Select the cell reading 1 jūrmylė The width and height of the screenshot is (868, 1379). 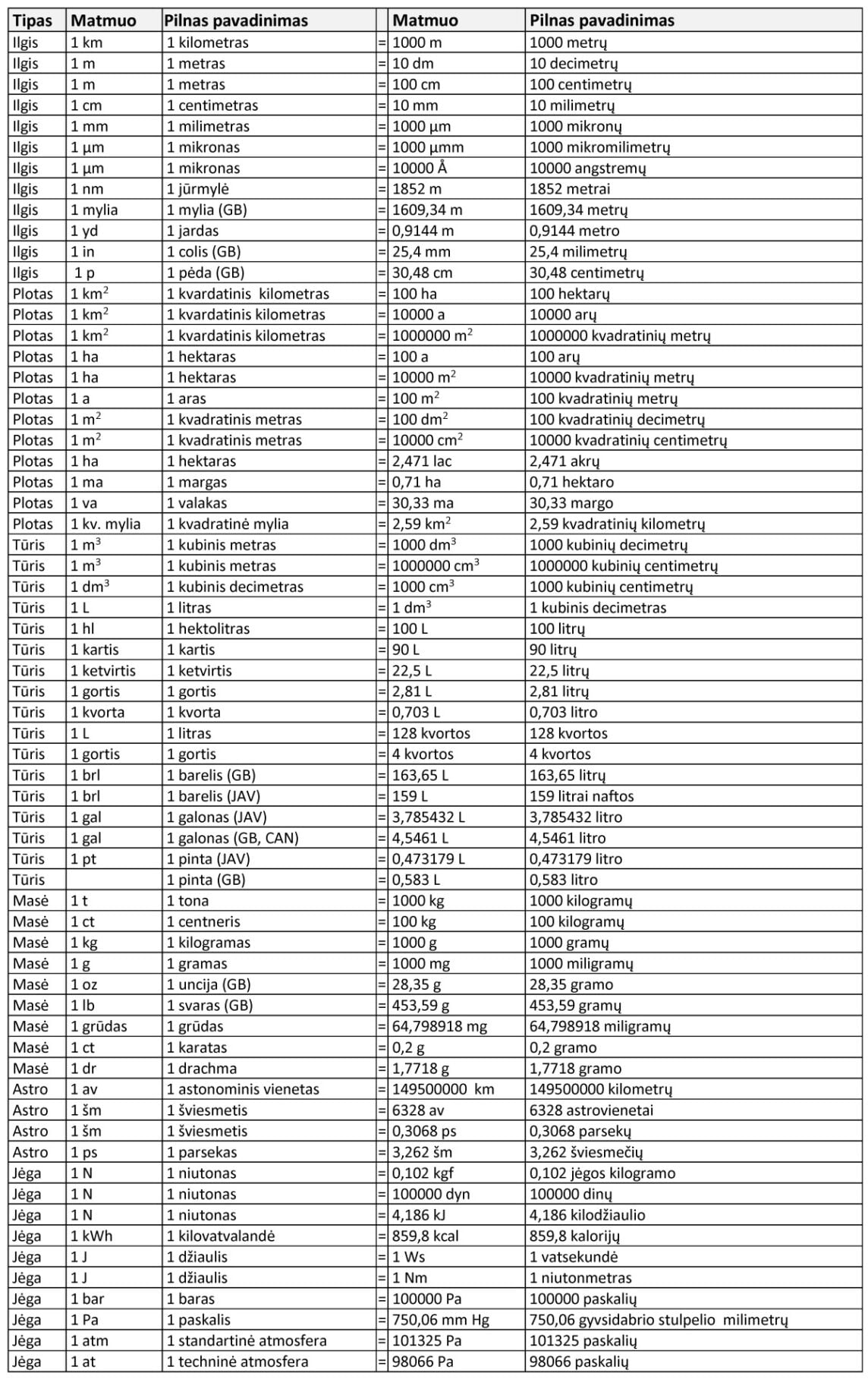click(198, 189)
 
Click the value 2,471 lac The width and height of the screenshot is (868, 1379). click(421, 461)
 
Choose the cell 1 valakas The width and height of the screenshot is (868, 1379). click(197, 502)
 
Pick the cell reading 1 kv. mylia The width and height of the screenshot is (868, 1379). click(105, 524)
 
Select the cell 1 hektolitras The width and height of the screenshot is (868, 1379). click(208, 628)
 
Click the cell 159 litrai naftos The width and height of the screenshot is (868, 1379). click(581, 796)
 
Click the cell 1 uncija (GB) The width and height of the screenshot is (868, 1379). click(208, 984)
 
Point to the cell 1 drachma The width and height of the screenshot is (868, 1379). click(201, 1068)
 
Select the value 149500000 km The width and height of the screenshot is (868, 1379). click(443, 1089)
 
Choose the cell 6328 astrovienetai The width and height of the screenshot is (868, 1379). click(591, 1110)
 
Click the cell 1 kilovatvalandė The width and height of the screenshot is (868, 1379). click(221, 1236)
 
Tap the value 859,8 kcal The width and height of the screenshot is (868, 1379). click(425, 1236)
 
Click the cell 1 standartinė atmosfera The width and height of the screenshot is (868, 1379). click(247, 1340)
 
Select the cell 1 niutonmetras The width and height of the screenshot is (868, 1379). click(580, 1278)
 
